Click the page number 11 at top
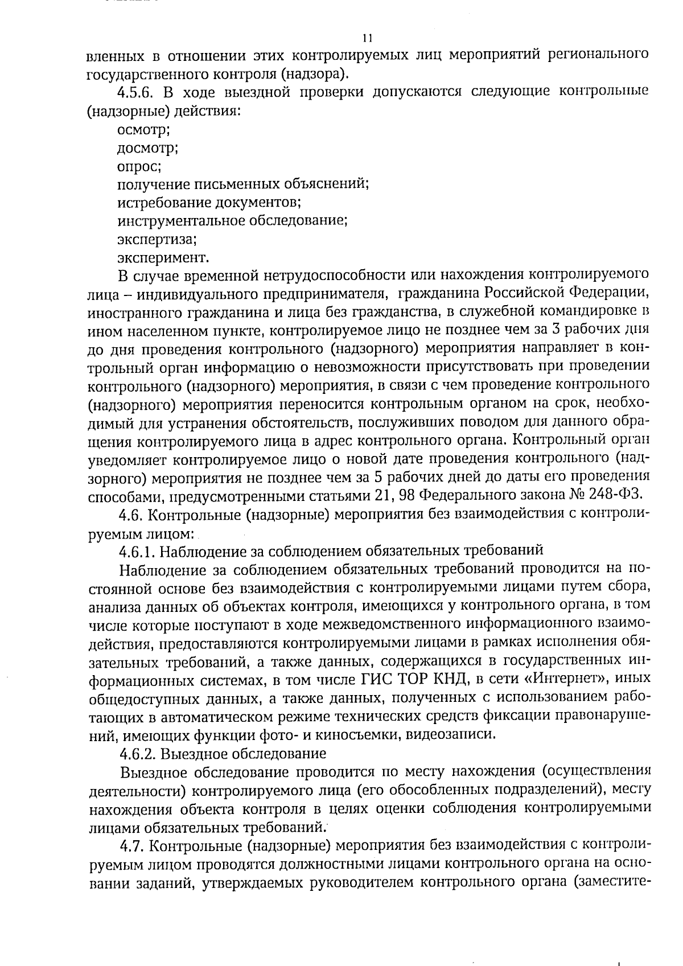click(x=367, y=39)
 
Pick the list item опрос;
click(x=139, y=167)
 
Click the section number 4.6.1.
click(x=138, y=550)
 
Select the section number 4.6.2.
click(x=138, y=754)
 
